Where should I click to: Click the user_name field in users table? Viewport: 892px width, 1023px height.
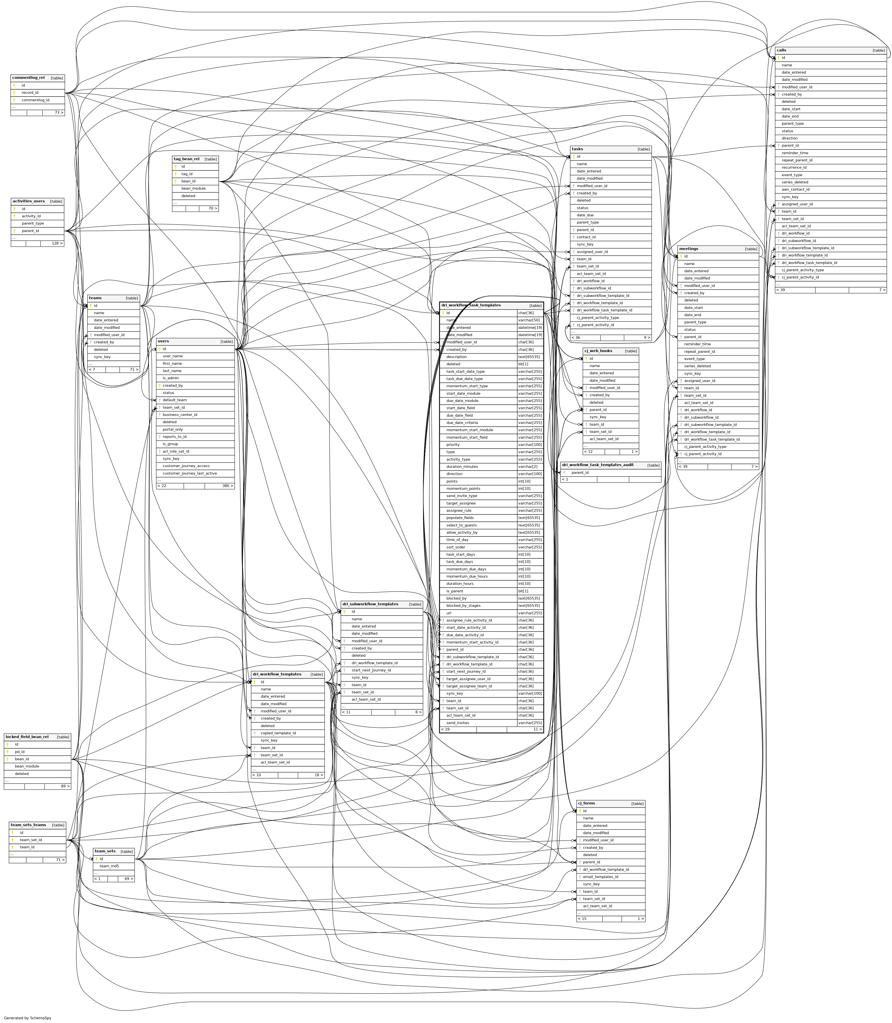[173, 356]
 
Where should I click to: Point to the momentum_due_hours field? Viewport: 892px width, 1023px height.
[467, 576]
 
